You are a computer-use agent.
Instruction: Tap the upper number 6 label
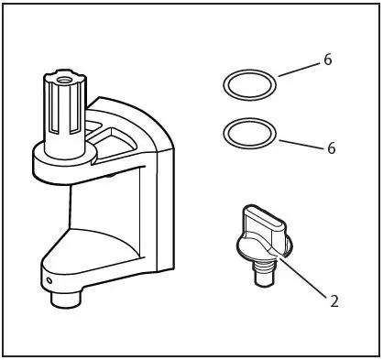[328, 60]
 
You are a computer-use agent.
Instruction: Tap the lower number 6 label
[331, 147]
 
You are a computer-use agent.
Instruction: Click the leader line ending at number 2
[301, 277]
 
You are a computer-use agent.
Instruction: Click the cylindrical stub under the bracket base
[67, 299]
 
